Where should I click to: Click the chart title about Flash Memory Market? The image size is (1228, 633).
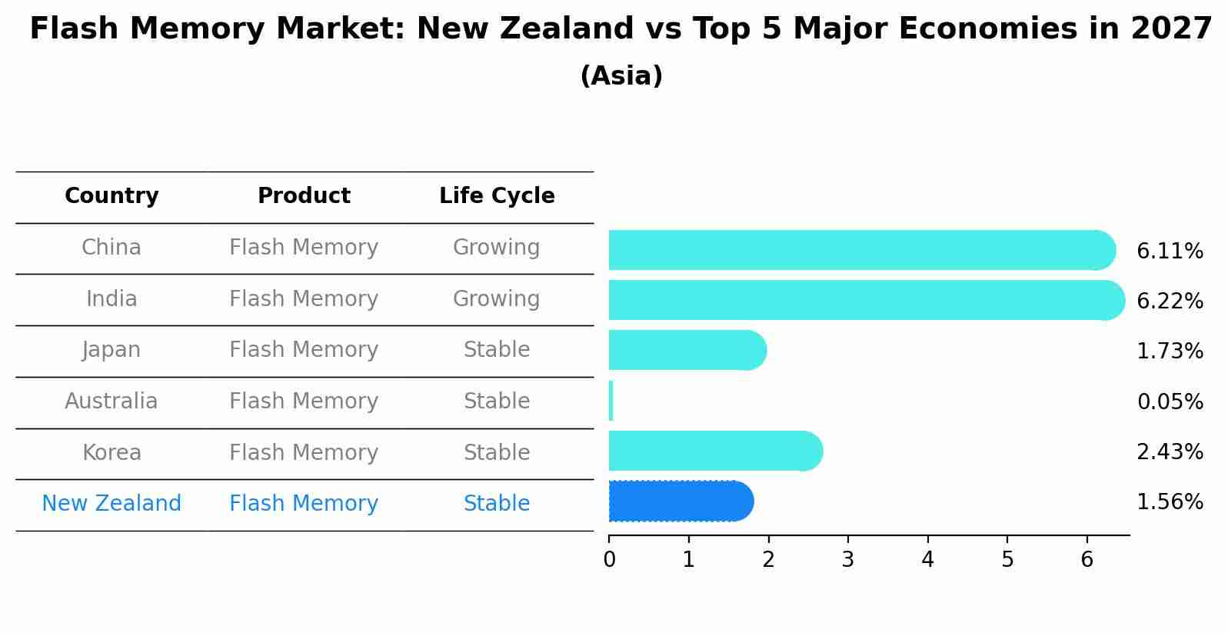point(621,29)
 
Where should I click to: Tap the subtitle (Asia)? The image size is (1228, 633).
point(621,76)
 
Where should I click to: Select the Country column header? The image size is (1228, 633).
point(111,196)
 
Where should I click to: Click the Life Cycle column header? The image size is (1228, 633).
point(497,196)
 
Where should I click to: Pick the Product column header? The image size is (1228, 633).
point(304,196)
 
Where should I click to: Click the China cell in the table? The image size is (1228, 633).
point(111,248)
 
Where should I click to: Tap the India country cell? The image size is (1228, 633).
point(111,298)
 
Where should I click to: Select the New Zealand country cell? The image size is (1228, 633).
point(111,504)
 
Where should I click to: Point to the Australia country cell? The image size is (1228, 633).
point(111,401)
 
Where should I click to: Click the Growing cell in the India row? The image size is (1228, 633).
point(496,298)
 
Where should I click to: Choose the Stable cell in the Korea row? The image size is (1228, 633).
point(497,452)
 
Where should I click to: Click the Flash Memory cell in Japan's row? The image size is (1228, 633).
point(304,350)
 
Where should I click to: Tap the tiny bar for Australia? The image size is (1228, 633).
point(611,401)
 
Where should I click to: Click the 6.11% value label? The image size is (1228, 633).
point(1170,252)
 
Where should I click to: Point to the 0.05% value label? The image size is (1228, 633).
point(1170,401)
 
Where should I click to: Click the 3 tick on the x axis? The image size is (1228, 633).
point(848,560)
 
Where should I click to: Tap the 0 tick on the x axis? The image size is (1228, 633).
point(609,560)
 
